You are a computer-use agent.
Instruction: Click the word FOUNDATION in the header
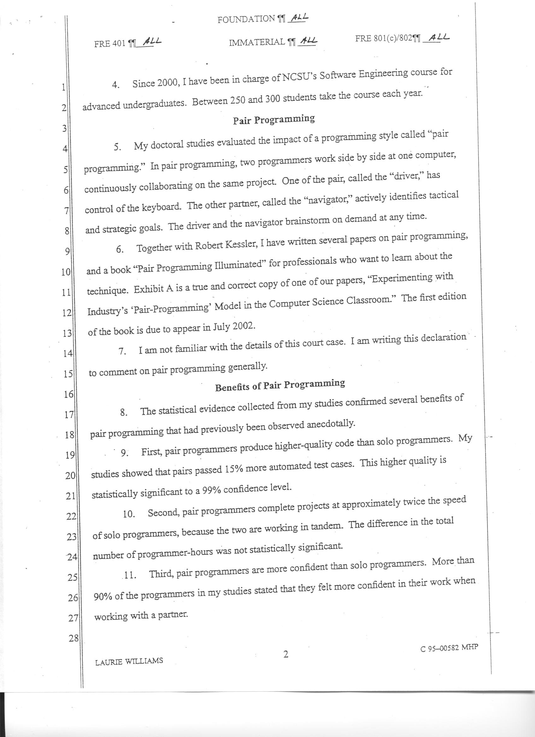tap(246, 19)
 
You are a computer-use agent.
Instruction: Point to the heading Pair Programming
tap(274, 120)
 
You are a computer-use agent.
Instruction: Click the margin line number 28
tap(73, 639)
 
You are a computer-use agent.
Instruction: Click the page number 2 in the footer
tap(285, 654)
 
